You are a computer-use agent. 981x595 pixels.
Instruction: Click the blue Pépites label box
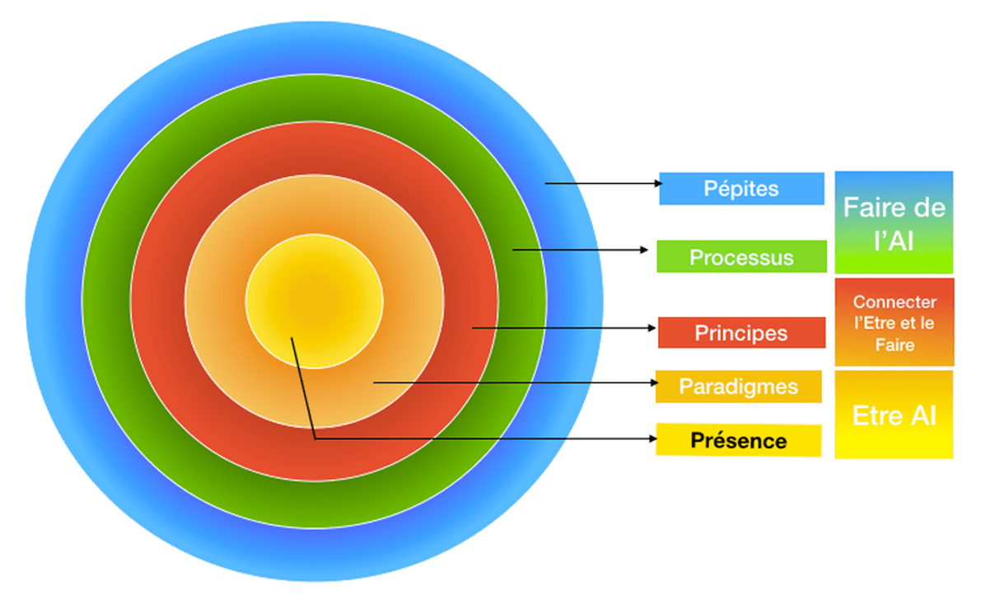(741, 188)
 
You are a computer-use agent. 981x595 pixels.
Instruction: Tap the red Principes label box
(741, 332)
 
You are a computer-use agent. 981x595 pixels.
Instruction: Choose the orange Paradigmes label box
(738, 387)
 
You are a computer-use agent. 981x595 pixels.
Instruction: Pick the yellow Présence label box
(738, 440)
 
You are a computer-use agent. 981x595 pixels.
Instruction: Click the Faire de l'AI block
(894, 223)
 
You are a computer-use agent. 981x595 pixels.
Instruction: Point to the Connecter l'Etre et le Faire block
(894, 322)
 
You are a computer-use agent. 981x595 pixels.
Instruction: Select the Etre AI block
(894, 415)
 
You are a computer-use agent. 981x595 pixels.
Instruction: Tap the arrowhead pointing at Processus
(644, 249)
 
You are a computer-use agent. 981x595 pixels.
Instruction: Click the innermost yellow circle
(314, 301)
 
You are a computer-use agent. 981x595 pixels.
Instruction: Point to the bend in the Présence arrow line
(315, 438)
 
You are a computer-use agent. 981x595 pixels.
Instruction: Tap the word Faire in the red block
(895, 344)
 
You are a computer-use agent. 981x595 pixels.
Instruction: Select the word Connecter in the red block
(894, 302)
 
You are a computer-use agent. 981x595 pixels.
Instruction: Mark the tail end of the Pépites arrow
(546, 184)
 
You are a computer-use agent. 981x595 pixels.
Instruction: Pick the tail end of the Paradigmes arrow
(375, 382)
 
